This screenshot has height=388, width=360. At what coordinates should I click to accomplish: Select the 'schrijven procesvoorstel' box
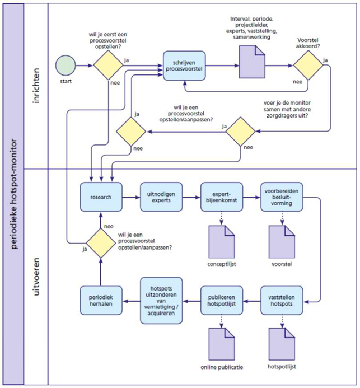(x=184, y=66)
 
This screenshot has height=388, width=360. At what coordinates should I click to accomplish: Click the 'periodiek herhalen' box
(x=100, y=294)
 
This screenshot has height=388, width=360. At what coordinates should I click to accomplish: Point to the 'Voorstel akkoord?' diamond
(x=308, y=66)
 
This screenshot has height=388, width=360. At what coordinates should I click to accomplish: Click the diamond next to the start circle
(x=108, y=66)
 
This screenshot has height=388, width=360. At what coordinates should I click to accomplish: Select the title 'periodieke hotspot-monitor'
(x=12, y=193)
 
